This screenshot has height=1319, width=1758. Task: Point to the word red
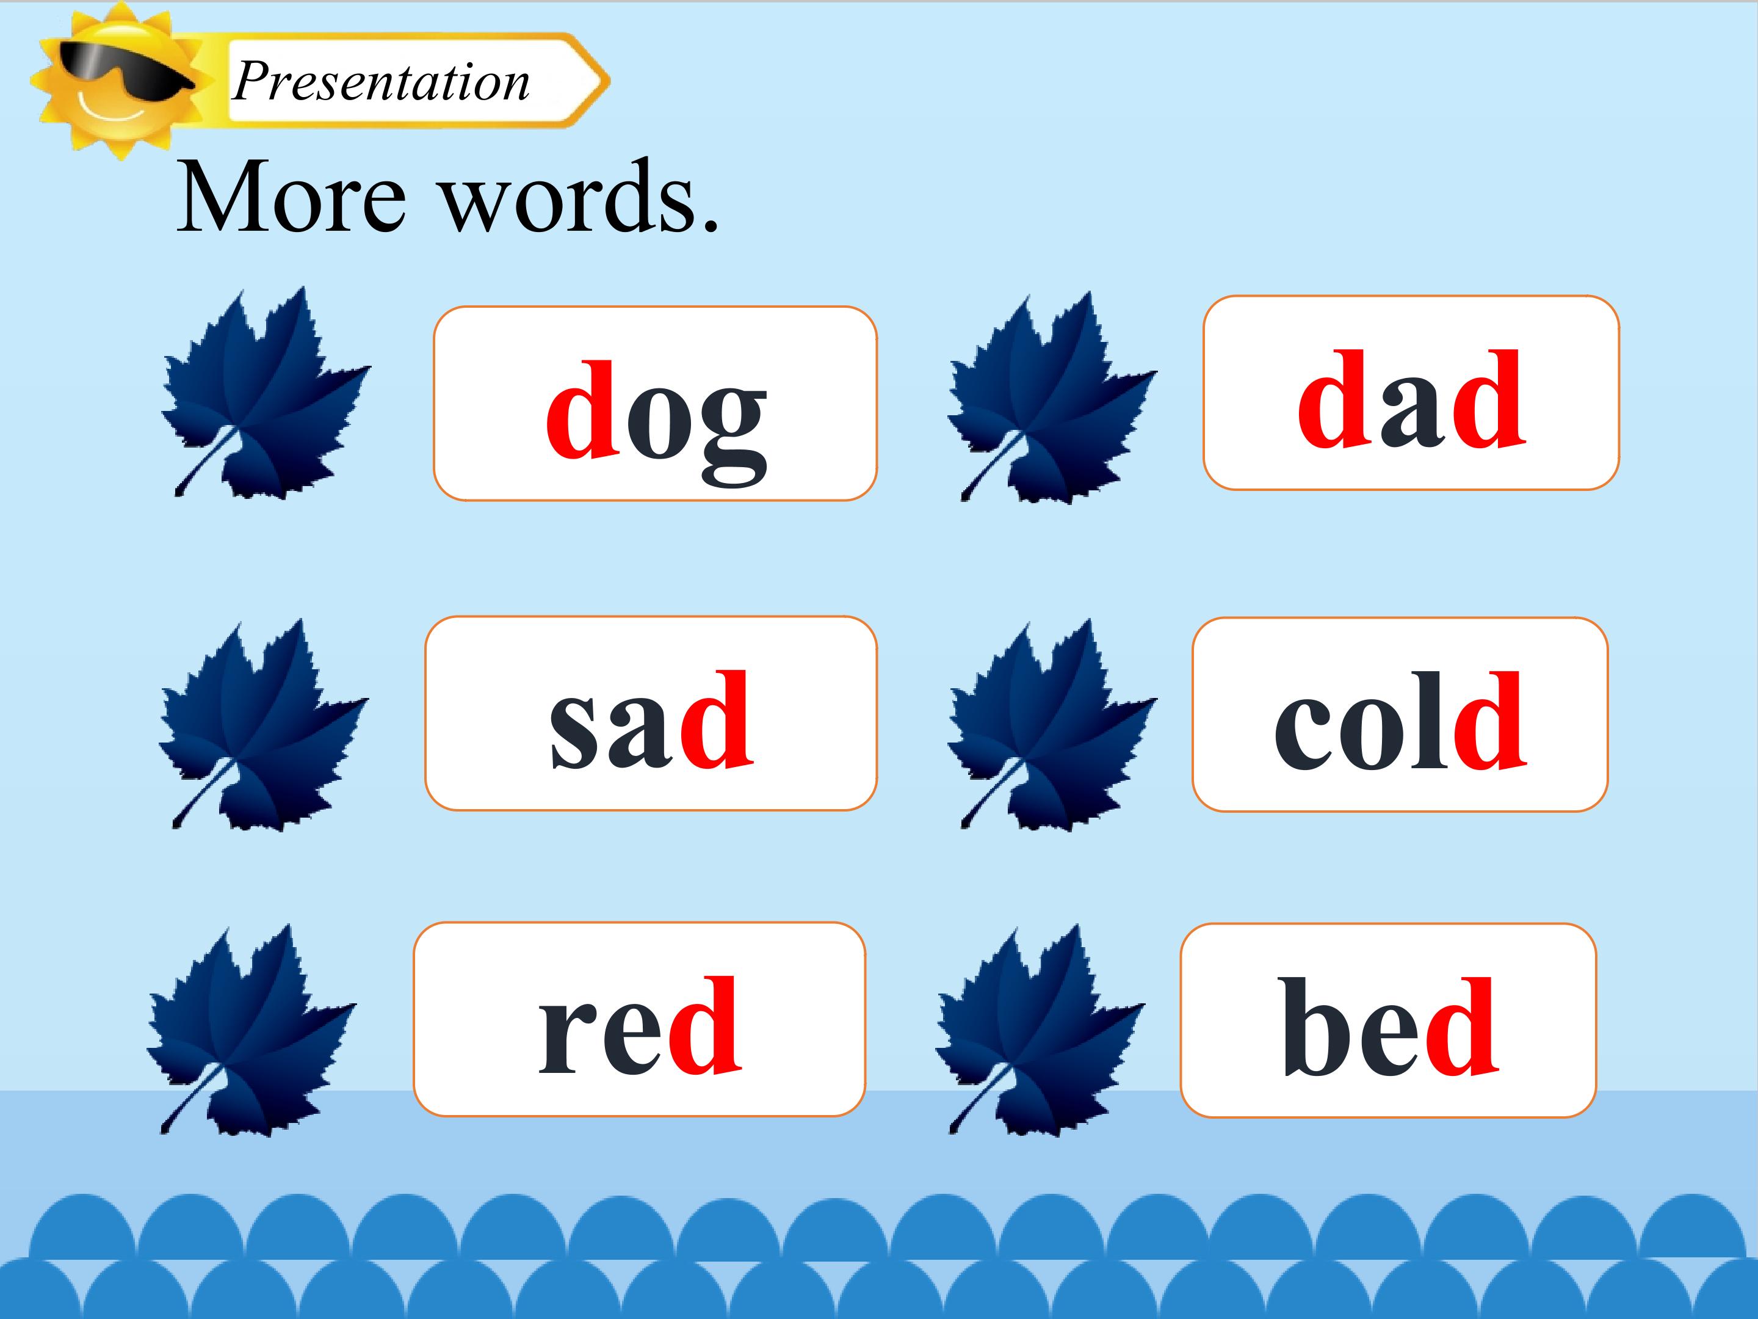(640, 1026)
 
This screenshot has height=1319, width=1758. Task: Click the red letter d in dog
(582, 410)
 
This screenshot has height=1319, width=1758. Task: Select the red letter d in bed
(1463, 1026)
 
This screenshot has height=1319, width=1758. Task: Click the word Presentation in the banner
(382, 81)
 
